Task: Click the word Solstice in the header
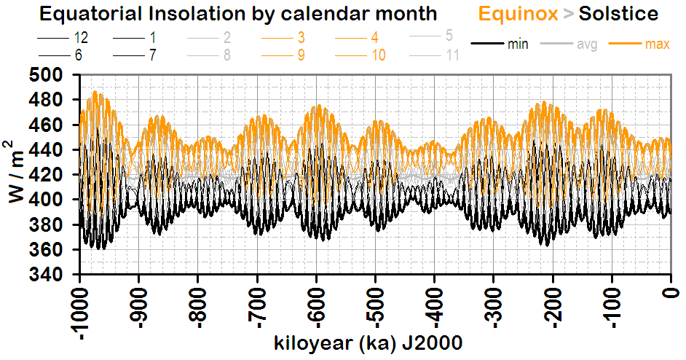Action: pos(618,13)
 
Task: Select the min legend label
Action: pos(518,44)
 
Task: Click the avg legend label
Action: pos(587,44)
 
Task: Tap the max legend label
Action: pos(657,44)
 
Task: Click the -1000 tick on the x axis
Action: pos(79,313)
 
